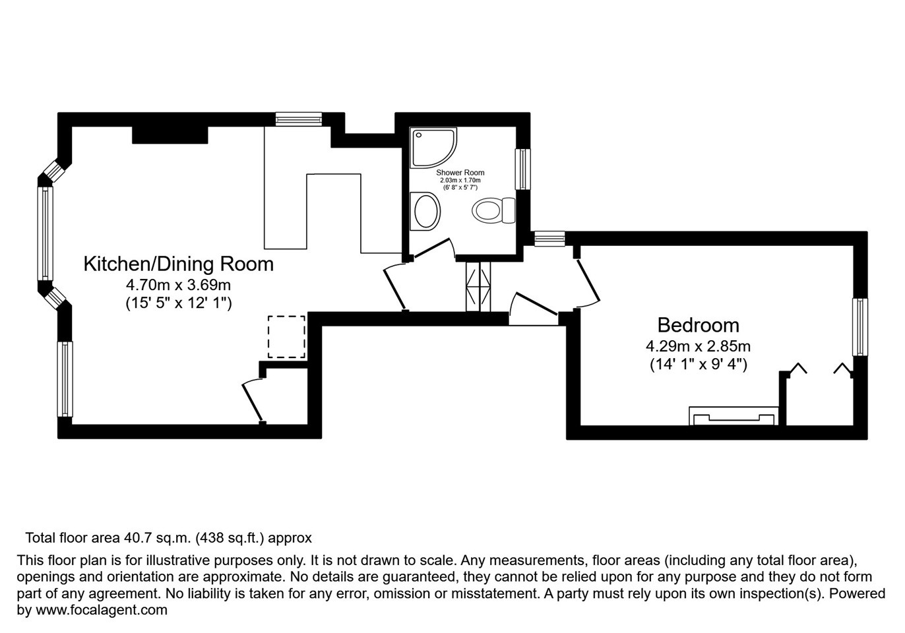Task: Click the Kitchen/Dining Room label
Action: click(178, 264)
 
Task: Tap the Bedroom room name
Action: click(698, 325)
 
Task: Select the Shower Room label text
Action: click(460, 173)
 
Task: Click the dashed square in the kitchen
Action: click(286, 336)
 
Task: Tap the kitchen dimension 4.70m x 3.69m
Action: click(178, 286)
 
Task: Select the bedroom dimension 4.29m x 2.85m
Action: click(698, 346)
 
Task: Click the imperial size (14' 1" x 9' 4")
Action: click(698, 364)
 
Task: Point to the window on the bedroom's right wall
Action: click(859, 327)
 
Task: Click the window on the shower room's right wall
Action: click(522, 169)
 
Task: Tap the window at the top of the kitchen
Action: click(299, 119)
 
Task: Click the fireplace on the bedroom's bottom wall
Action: click(733, 416)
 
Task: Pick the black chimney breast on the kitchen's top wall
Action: click(170, 135)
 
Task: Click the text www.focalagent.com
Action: click(101, 610)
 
